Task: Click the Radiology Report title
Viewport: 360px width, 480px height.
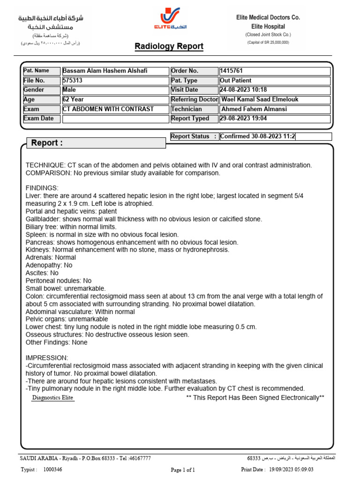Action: (169, 46)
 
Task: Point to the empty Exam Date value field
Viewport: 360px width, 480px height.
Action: (115, 119)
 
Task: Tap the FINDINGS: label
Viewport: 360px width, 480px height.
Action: (41, 188)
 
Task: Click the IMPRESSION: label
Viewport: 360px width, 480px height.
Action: (46, 358)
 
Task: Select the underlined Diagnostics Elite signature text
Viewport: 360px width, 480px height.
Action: (52, 398)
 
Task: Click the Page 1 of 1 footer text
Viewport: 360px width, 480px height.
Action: (183, 469)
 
